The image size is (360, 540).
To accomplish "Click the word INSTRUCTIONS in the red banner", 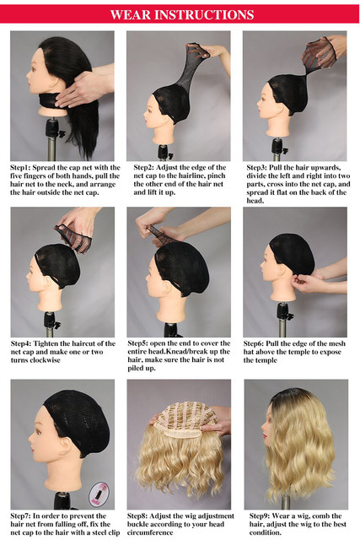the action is (204, 15).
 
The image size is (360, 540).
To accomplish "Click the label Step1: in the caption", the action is (20, 168).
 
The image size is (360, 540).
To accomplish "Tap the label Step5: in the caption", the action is (137, 343).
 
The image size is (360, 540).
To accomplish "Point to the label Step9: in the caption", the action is (260, 516).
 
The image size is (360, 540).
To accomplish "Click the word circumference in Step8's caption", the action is (150, 532).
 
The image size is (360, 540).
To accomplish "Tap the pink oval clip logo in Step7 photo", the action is (99, 494).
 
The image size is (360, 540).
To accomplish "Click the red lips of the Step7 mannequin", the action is (33, 449).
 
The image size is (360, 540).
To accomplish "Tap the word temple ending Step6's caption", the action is (266, 360).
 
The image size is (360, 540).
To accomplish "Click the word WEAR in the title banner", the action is (131, 15).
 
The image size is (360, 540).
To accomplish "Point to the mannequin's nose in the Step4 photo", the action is (28, 275).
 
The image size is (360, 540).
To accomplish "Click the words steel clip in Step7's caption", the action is (106, 532).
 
